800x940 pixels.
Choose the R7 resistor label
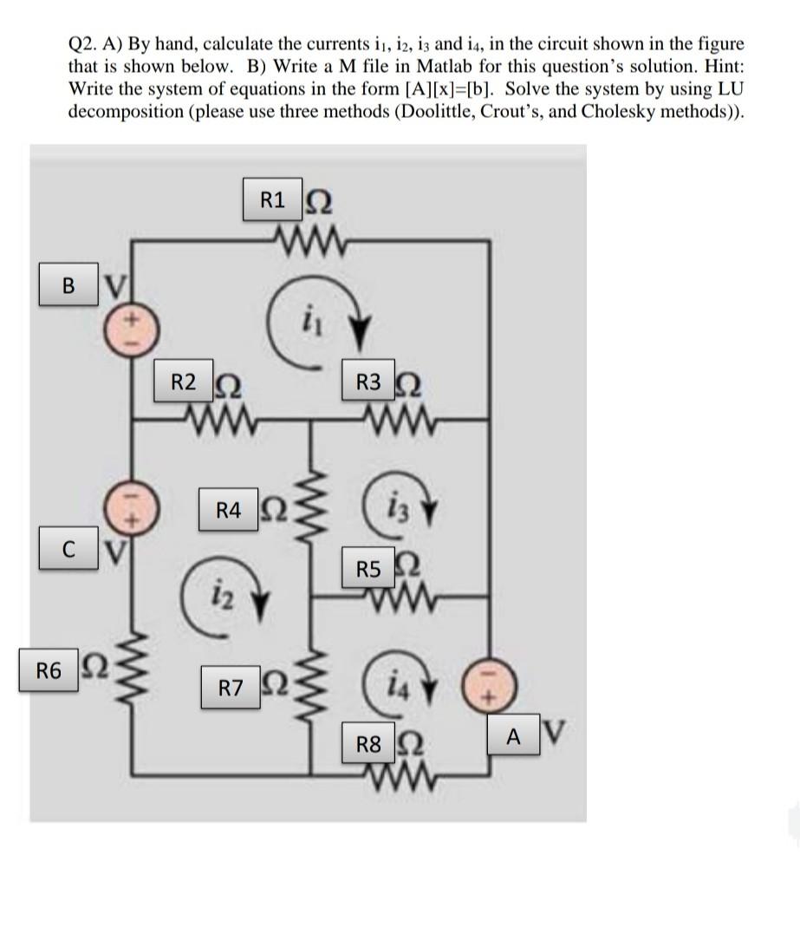coord(230,689)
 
